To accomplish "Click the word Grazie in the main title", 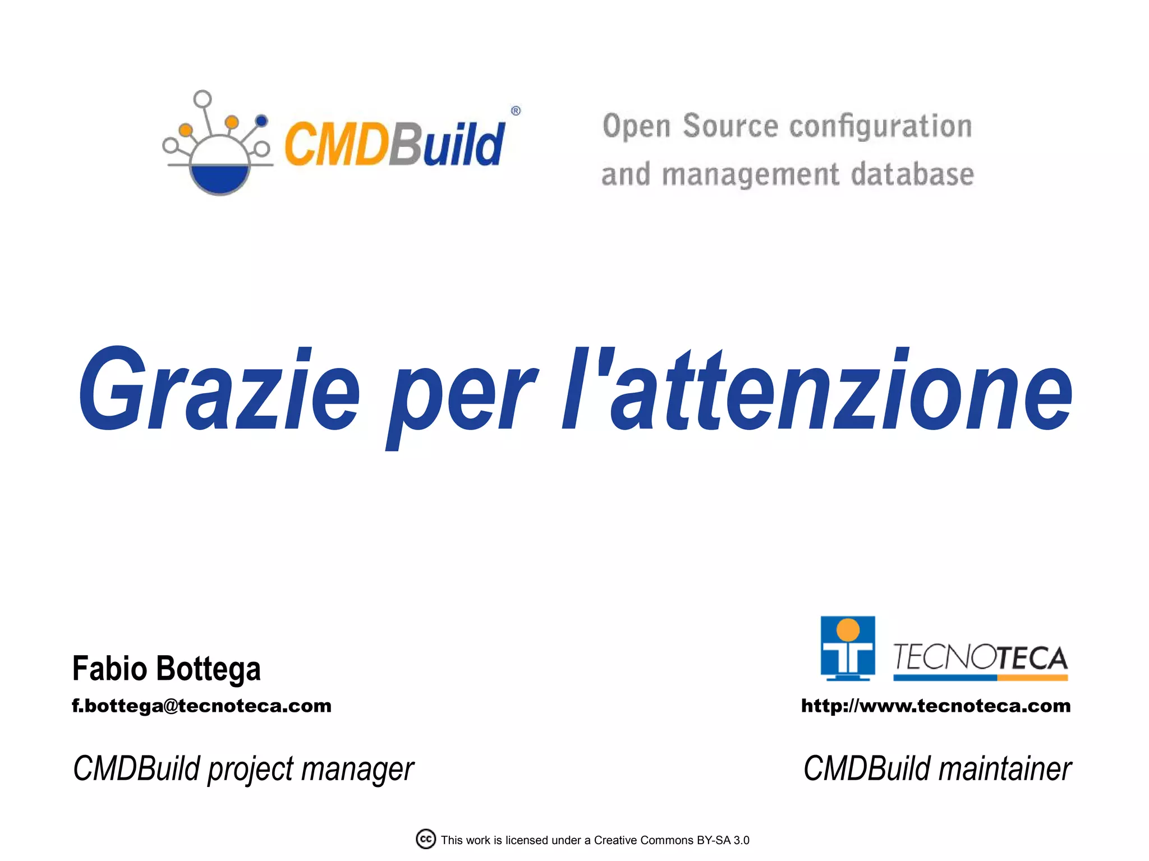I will pos(219,390).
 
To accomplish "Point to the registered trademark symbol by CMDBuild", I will pos(516,111).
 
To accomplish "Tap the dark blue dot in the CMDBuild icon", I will pos(261,121).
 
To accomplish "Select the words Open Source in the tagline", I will pos(690,126).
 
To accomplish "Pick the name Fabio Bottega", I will pos(167,669).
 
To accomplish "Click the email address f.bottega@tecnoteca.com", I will pos(201,706).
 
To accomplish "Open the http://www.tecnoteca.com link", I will pos(935,706).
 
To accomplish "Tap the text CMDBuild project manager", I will pos(243,769).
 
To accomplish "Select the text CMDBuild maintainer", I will pos(937,769).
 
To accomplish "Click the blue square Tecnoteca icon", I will pos(847,648).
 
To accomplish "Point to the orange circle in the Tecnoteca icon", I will pos(848,630).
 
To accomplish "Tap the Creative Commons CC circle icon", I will pos(426,839).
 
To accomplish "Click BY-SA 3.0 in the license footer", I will pos(723,840).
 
